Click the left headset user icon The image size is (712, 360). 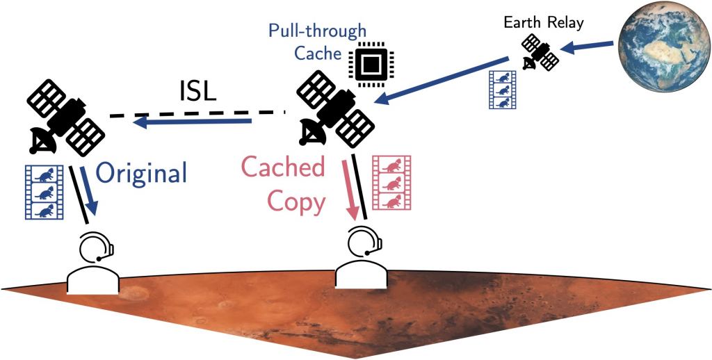(93, 263)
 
